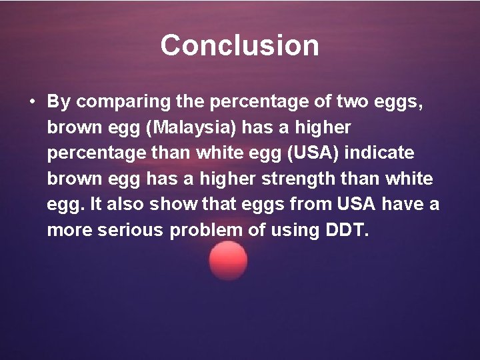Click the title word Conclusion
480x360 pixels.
(239, 45)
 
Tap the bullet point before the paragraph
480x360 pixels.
(32, 102)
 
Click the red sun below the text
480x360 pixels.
(228, 261)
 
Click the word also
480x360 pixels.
(125, 204)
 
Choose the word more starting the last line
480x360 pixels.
(68, 230)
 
